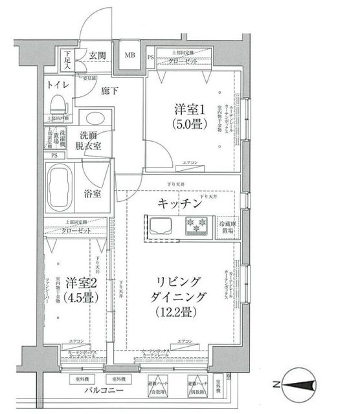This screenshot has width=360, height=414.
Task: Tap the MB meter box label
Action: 129,55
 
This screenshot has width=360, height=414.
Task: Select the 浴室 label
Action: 92,193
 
